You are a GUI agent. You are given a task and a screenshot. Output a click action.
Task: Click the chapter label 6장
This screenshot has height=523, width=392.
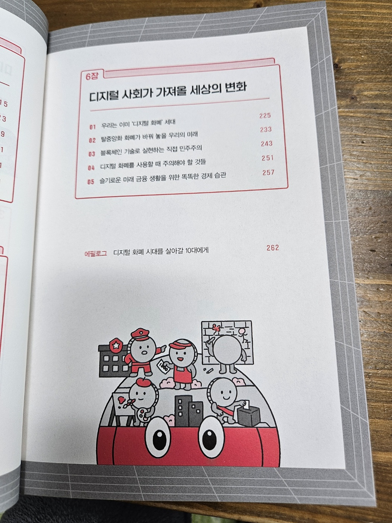92,77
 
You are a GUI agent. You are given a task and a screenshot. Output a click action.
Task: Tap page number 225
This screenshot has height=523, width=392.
265,115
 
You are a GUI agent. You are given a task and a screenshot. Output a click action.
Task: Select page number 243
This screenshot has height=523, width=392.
266,144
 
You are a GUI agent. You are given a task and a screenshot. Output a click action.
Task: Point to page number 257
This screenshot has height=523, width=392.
268,173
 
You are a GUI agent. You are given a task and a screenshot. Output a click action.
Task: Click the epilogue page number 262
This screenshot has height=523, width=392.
273,248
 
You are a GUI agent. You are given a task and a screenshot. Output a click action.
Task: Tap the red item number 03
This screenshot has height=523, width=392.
92,154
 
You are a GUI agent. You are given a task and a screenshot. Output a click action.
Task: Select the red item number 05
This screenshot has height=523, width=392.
91,182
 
